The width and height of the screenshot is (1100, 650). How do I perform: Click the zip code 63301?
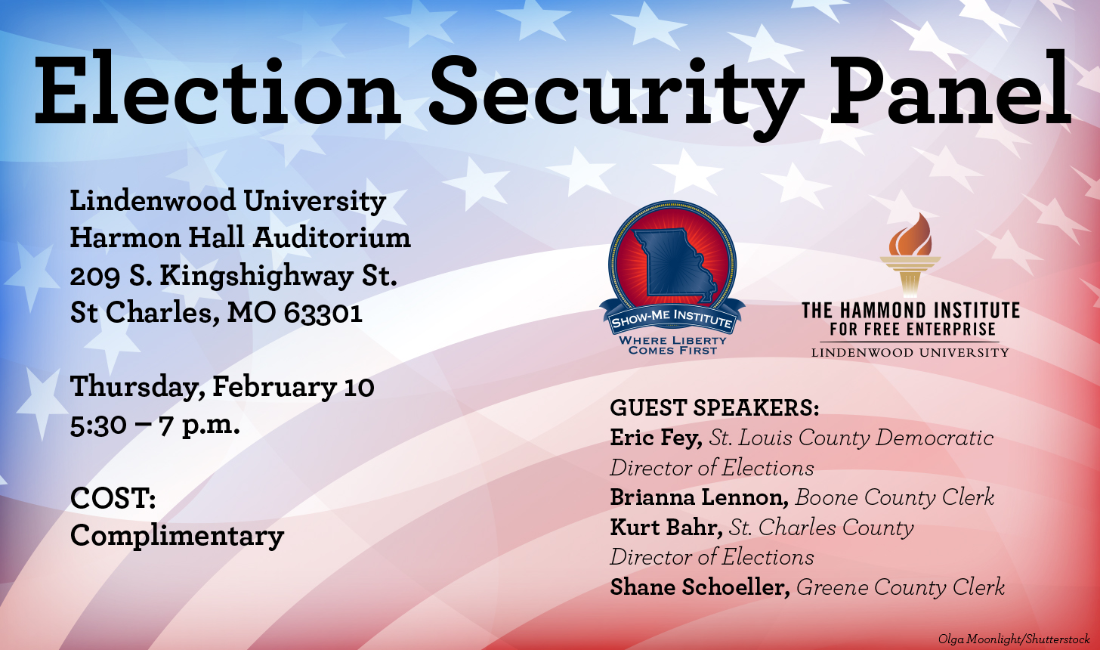click(323, 312)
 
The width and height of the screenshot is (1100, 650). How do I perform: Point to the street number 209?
click(94, 276)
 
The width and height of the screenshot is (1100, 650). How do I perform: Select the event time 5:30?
click(98, 426)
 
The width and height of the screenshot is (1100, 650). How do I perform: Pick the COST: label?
click(113, 498)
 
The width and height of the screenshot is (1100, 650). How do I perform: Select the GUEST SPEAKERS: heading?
click(715, 408)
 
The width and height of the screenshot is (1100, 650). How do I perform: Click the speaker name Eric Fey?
click(656, 438)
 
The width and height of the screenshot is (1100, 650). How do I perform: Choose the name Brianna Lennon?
click(700, 497)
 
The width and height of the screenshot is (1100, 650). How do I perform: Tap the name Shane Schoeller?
click(700, 587)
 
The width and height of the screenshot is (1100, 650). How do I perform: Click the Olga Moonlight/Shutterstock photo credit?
click(1014, 639)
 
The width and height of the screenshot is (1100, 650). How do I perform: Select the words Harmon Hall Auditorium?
click(240, 238)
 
